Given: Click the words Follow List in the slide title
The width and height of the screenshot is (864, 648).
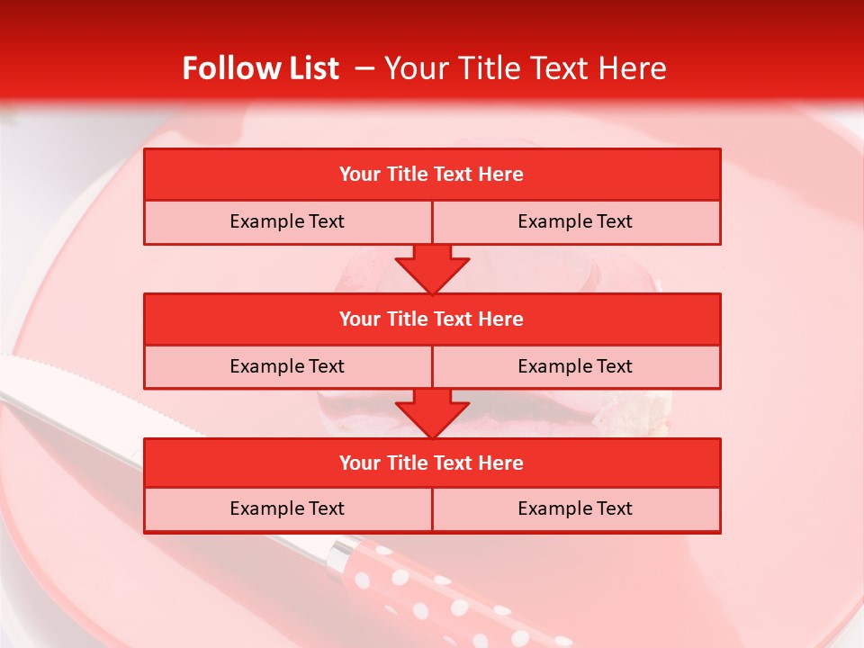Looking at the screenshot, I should point(260,68).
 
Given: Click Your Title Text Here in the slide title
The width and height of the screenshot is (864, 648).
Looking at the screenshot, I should point(525,68).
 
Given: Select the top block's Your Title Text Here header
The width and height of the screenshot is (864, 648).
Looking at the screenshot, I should point(431,175).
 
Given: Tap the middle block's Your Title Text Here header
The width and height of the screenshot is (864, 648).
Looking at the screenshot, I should point(431,319).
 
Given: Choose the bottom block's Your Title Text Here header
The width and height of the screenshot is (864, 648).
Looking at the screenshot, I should point(431,463).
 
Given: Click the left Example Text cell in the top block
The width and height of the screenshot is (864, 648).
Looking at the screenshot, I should point(287,221).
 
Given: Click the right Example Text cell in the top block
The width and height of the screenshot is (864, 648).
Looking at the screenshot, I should point(575,221).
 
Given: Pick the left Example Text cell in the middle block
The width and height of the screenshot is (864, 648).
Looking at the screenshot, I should point(287,366).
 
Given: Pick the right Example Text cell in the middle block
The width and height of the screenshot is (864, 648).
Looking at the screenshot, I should point(575,366).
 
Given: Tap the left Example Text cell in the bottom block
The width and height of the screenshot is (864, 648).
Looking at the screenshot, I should point(287,508).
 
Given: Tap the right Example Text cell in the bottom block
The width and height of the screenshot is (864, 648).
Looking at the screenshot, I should point(575,508).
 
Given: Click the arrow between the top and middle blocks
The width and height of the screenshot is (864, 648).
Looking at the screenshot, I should point(432,269).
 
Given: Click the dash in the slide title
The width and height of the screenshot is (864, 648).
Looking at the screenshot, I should point(364,68).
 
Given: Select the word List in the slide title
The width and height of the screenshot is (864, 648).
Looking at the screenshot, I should point(313,68).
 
